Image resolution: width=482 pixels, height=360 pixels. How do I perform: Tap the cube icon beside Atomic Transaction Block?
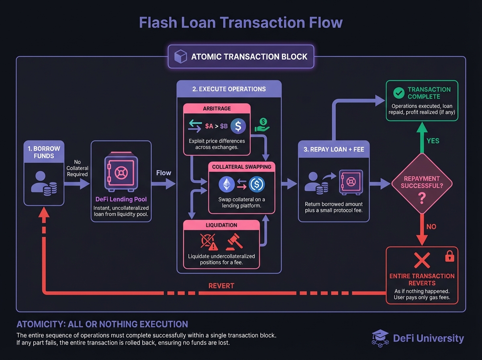(179, 56)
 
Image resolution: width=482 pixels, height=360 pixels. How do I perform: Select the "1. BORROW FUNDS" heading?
(44, 152)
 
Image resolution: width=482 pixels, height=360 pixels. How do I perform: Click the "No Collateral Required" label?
(78, 168)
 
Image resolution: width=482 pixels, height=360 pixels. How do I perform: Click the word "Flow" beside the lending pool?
(163, 173)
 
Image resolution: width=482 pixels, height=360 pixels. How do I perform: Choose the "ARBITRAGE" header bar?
(217, 108)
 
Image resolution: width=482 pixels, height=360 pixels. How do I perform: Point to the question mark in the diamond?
(422, 197)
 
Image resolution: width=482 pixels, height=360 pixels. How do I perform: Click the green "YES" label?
(433, 141)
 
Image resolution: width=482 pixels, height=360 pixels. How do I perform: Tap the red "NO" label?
(431, 227)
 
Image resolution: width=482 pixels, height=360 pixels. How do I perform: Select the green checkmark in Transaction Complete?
(398, 93)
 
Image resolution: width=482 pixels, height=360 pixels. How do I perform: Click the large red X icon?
(422, 262)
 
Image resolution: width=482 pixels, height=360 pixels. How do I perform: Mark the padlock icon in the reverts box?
(450, 256)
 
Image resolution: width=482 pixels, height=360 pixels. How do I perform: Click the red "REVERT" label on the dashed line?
(221, 286)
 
